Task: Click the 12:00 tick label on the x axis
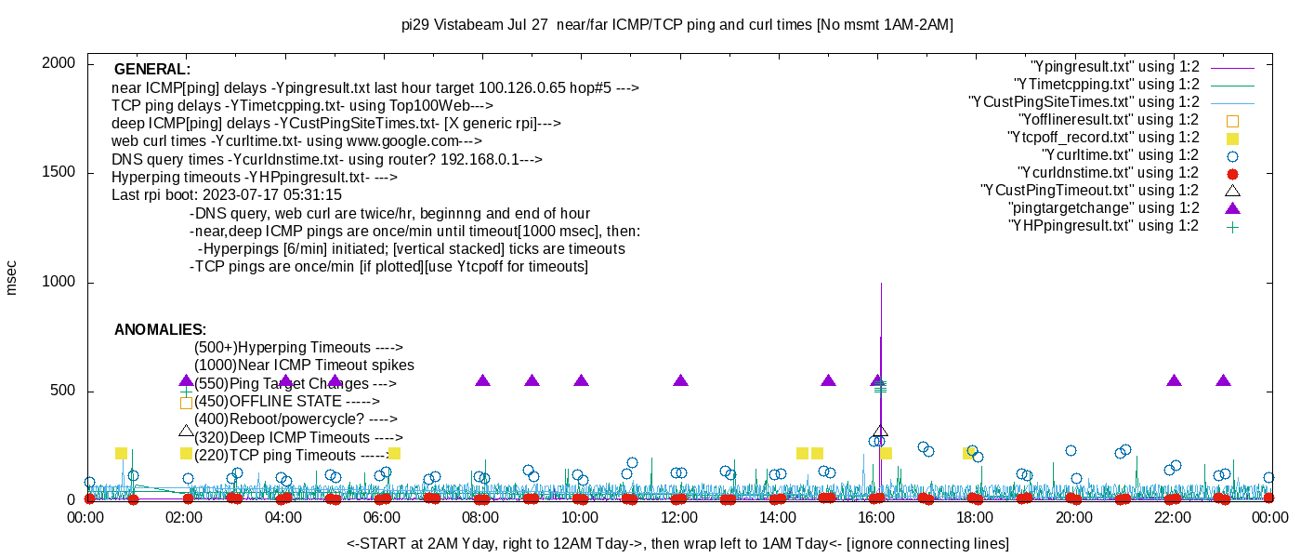[678, 518]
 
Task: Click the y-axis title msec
[12, 277]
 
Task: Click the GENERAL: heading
[152, 70]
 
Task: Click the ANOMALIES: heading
[160, 330]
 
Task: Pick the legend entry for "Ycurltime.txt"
[1120, 155]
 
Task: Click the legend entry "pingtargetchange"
[1104, 208]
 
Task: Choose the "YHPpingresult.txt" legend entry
[1105, 226]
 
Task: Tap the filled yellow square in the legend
[1233, 138]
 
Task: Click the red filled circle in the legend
[1233, 173]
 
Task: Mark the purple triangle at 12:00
[680, 380]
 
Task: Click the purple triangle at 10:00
[582, 380]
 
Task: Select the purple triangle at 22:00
[1174, 380]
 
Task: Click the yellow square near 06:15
[394, 453]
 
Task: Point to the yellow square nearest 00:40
[121, 453]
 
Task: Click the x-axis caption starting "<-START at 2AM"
[677, 543]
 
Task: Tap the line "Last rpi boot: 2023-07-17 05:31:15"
[227, 195]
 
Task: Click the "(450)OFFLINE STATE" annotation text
[287, 402]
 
